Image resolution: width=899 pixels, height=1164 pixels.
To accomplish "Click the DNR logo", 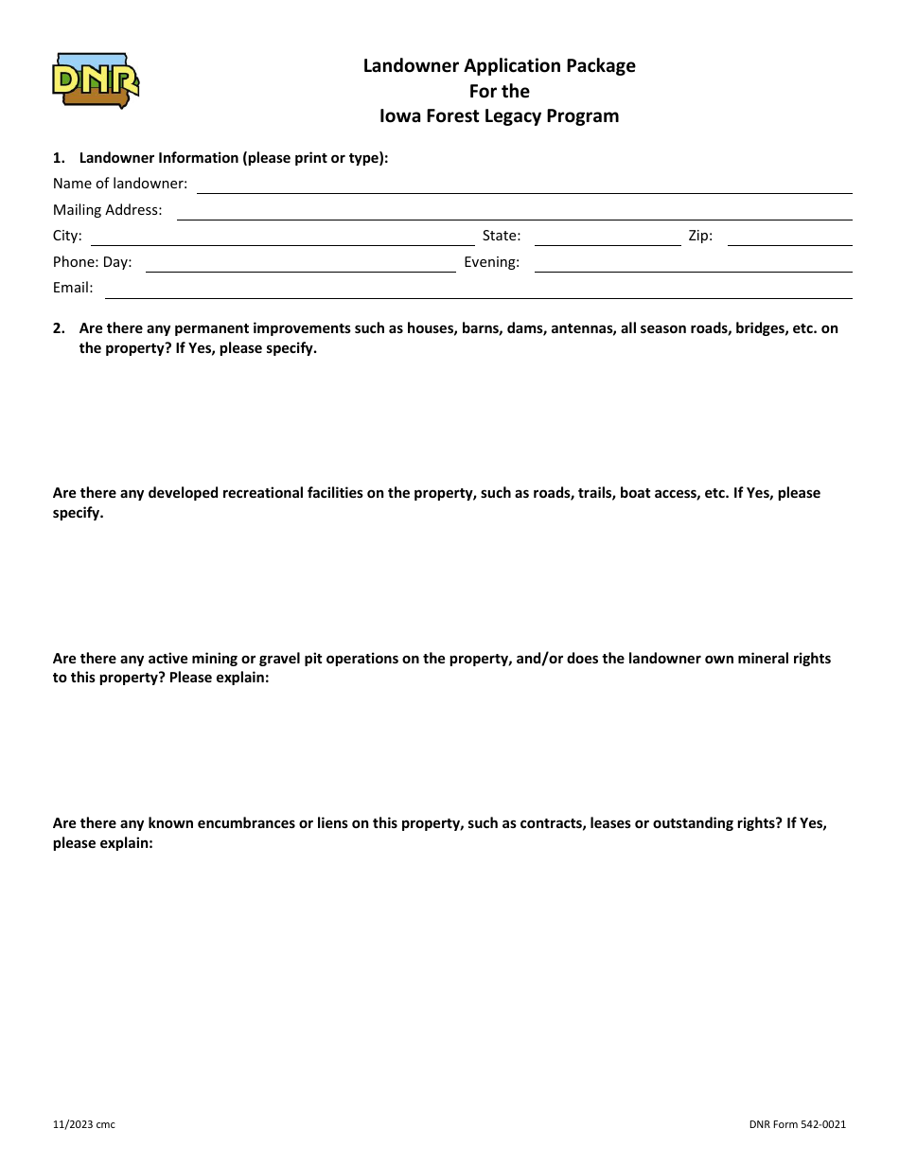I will click(x=96, y=80).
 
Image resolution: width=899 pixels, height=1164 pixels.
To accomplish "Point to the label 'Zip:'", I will click(x=700, y=237).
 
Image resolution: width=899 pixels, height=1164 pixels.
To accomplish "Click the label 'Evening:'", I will click(x=491, y=263).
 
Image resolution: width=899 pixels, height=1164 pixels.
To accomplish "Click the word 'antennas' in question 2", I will click(x=581, y=329).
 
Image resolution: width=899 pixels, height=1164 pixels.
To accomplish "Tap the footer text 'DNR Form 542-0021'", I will click(x=797, y=1124).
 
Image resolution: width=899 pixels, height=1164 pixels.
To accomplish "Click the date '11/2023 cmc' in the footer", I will click(x=84, y=1124).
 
